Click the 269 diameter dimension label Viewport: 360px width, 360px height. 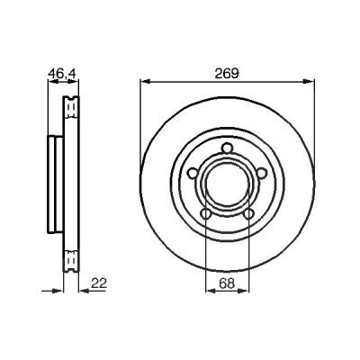(227, 74)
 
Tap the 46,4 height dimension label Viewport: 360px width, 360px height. (63, 74)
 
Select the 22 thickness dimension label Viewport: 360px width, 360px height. (99, 283)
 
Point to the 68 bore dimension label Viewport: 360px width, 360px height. (227, 283)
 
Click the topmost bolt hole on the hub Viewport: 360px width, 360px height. (227, 148)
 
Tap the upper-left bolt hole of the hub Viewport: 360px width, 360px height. (193, 173)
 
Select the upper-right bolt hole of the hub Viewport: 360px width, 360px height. (262, 173)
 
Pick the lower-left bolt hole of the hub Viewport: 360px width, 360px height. (205, 214)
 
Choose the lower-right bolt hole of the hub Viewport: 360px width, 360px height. (248, 214)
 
